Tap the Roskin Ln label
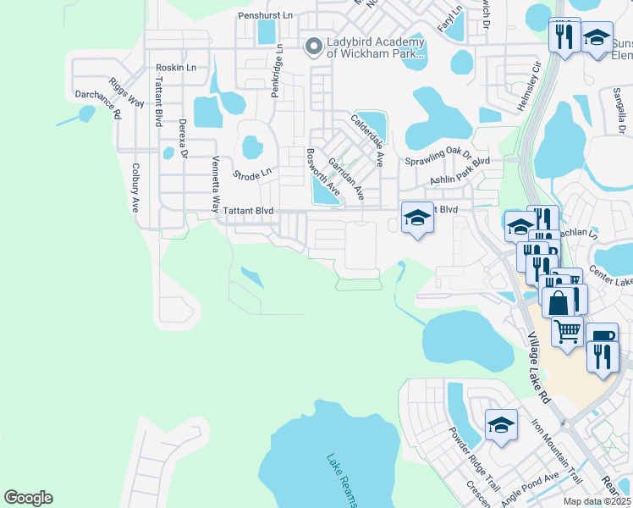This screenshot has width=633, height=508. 176,68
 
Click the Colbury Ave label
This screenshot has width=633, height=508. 135,187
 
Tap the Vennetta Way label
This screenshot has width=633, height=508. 216,176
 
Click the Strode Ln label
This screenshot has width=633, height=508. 253,172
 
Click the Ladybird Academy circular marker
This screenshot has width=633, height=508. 313,46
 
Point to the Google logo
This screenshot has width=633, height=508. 28,498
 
